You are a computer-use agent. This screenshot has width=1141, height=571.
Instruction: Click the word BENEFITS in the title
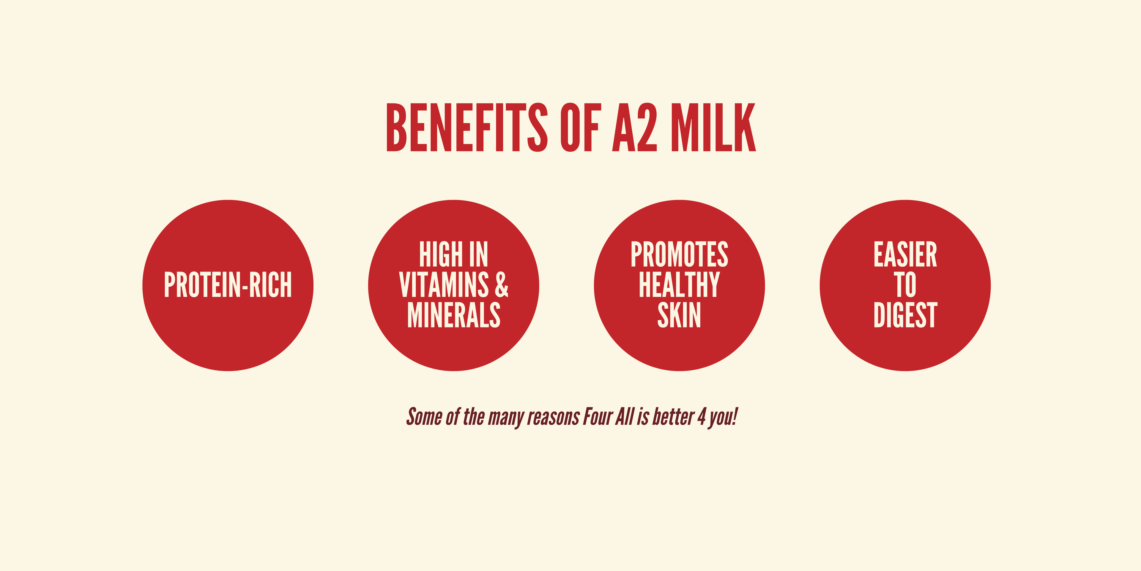coord(467,127)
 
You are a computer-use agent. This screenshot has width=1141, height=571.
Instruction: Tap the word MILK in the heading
coord(713,127)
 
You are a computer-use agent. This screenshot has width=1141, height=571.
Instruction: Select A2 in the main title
coord(635,127)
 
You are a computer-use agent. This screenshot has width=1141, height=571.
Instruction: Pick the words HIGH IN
coord(453,255)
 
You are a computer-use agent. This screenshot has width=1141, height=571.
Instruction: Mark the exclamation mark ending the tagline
coord(735,417)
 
